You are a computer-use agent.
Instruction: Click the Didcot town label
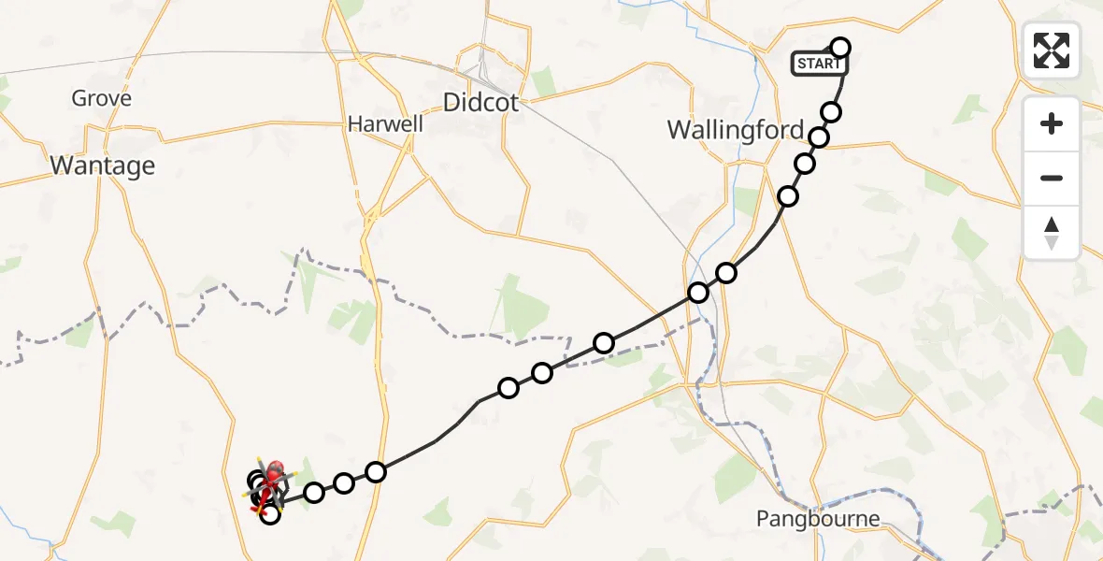[480, 103]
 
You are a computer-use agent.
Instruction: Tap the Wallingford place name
[736, 130]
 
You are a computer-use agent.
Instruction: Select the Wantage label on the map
[102, 165]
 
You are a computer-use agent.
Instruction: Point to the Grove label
[101, 98]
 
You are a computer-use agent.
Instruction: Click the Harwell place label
[385, 123]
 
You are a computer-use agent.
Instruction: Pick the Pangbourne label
[819, 519]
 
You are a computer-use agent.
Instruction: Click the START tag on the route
[819, 64]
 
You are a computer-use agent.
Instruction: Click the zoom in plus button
[1052, 123]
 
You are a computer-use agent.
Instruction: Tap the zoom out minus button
[1052, 178]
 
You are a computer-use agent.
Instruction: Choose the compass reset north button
[1052, 233]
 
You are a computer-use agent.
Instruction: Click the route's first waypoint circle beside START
[840, 48]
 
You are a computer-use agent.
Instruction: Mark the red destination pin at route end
[274, 470]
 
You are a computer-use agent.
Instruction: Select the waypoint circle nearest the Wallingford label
[819, 137]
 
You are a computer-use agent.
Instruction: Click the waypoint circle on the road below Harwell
[376, 472]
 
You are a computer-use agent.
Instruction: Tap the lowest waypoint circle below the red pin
[269, 513]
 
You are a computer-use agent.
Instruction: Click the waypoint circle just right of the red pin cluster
[314, 492]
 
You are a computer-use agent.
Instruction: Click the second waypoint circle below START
[819, 137]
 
